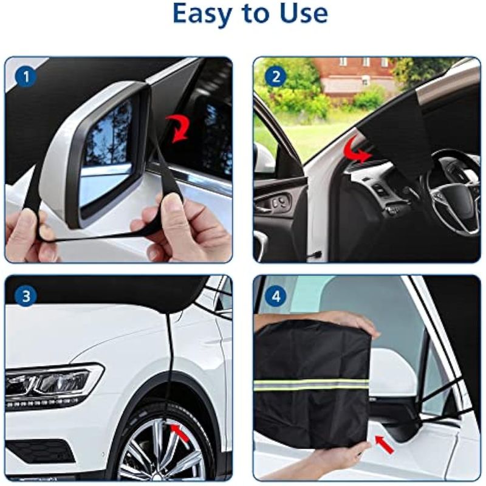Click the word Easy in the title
tap(202, 13)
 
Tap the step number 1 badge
tap(26, 77)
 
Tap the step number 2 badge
tap(276, 77)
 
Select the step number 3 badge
tap(26, 296)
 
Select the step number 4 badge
tap(276, 296)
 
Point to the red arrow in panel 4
tap(385, 444)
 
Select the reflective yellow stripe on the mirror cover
tap(312, 385)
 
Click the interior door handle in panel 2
tap(267, 208)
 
